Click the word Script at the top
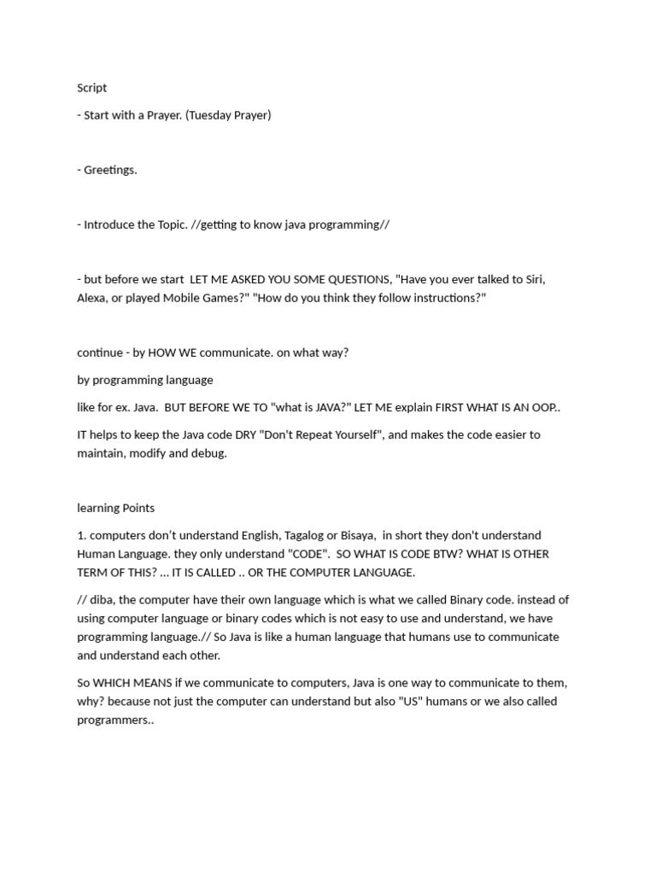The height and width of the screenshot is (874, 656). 92,88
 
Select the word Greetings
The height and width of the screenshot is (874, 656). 110,170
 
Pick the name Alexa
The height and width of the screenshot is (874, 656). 93,298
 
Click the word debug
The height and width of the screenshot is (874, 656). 209,453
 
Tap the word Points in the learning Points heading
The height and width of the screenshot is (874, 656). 138,508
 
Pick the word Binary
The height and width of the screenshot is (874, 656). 471,600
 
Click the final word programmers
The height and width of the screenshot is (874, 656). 114,720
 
